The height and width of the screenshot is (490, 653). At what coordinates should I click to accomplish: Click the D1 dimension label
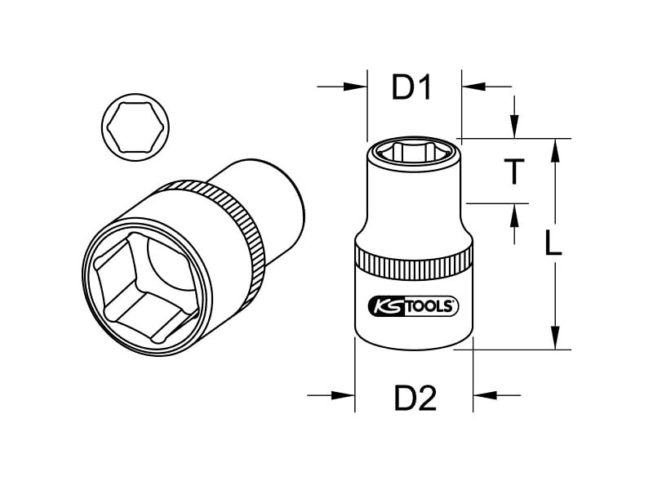pyautogui.click(x=411, y=88)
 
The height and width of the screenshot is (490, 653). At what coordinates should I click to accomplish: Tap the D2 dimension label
pyautogui.click(x=415, y=398)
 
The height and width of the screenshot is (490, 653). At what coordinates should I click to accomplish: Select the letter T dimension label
pyautogui.click(x=514, y=171)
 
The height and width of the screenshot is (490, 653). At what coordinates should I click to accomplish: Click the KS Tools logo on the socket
pyautogui.click(x=414, y=307)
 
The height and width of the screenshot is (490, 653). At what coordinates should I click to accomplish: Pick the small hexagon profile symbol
pyautogui.click(x=135, y=127)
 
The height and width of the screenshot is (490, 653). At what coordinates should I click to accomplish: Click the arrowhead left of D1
pyautogui.click(x=355, y=87)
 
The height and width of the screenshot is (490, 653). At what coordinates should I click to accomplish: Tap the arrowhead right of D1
pyautogui.click(x=474, y=87)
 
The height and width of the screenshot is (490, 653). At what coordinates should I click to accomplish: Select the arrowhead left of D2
pyautogui.click(x=343, y=395)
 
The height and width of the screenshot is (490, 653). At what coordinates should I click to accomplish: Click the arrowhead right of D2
pyautogui.click(x=485, y=395)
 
